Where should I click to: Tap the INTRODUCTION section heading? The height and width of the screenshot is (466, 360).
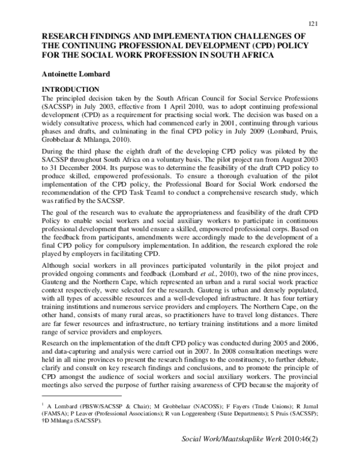tap(70, 89)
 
